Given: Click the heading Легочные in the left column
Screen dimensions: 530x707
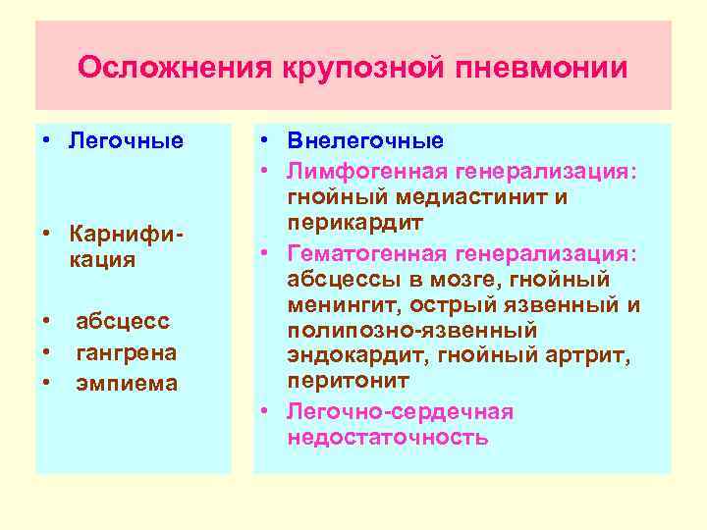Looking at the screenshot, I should click(x=126, y=140).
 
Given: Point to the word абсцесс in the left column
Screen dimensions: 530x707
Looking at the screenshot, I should click(x=123, y=321).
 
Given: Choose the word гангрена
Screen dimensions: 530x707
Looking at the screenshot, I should click(x=126, y=351).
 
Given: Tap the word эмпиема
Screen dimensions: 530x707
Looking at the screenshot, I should click(x=127, y=383).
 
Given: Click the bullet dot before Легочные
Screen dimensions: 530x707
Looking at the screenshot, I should click(x=46, y=140).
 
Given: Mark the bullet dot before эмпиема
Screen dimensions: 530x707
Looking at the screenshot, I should click(x=46, y=383).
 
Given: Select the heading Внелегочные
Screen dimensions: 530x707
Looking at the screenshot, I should click(x=365, y=140).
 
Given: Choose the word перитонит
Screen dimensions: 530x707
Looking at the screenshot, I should click(x=336, y=380).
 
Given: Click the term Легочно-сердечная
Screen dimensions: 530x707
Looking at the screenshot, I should click(x=400, y=410).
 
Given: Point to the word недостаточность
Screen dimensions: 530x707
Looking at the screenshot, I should click(x=387, y=437).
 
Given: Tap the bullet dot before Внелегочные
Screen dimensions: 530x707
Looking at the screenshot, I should click(x=265, y=140).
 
